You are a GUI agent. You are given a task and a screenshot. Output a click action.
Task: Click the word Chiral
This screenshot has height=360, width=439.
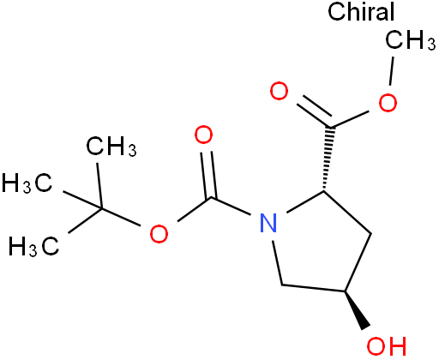tap(361, 11)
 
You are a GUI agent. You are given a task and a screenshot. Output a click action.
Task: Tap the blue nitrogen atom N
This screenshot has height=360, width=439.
tap(268, 223)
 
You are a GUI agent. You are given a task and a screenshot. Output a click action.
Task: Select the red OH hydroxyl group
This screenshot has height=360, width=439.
tap(387, 346)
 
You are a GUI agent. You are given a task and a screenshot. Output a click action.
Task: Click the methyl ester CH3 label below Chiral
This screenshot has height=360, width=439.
tap(411, 40)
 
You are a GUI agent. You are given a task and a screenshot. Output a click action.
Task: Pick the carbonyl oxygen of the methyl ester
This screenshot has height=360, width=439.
tap(279, 91)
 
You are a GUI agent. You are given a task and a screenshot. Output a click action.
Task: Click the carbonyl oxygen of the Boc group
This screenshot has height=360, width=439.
tap(203, 135)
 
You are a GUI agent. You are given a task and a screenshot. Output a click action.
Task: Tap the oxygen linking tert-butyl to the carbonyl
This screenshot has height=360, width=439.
tap(159, 234)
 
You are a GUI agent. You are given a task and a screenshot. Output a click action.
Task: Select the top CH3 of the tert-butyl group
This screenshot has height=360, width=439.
tap(111, 147)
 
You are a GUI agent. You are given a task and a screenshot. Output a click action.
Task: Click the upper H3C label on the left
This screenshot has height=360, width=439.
tap(27, 183)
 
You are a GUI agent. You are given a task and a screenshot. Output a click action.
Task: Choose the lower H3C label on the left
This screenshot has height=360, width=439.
tap(34, 246)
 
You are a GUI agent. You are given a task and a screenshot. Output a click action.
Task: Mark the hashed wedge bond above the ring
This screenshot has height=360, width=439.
tap(328, 159)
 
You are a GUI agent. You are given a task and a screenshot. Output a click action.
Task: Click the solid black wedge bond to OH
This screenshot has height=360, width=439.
tap(356, 310)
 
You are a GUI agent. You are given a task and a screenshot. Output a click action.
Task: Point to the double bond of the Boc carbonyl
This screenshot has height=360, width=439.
tap(208, 174)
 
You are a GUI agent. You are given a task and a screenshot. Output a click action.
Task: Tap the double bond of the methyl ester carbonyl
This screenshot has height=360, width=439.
tap(314, 111)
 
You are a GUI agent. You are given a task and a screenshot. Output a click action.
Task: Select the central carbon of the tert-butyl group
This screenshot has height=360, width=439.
tap(101, 209)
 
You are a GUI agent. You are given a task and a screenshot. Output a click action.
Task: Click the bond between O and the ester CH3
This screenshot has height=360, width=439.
tap(392, 71)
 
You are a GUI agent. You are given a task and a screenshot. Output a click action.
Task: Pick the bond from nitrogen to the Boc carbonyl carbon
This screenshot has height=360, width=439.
tap(231, 206)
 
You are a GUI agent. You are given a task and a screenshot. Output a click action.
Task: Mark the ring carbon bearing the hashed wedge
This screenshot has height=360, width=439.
tap(324, 190)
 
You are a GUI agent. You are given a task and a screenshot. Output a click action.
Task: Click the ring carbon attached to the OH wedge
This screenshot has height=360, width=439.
tap(345, 291)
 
